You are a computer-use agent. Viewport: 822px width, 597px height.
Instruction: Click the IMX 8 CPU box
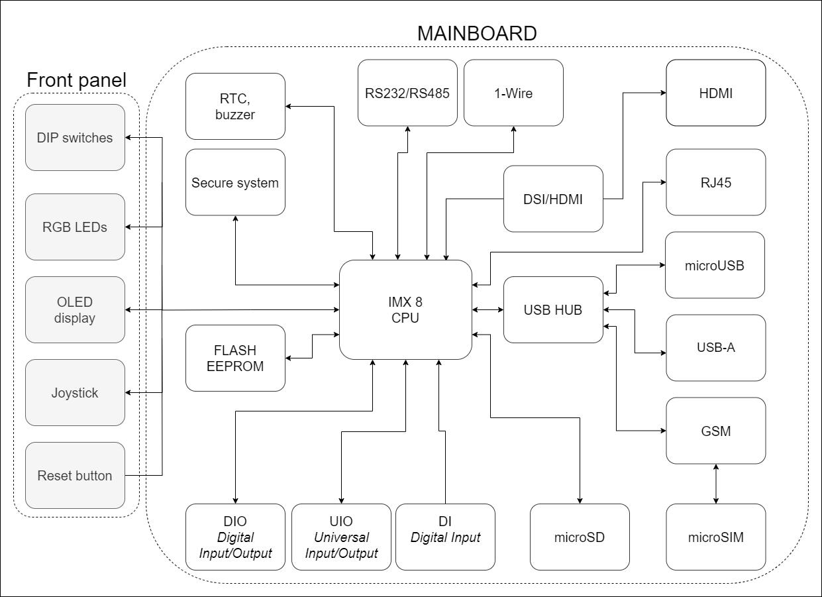(x=405, y=310)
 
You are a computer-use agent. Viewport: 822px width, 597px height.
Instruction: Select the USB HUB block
(x=553, y=310)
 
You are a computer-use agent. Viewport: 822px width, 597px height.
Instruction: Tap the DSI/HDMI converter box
(x=553, y=199)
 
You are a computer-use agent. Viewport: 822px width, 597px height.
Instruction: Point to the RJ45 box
(x=715, y=182)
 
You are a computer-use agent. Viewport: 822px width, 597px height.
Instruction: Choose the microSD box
(x=580, y=537)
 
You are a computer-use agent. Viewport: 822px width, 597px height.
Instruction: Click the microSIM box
(x=715, y=537)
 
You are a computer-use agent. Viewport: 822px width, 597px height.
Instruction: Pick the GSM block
(x=715, y=431)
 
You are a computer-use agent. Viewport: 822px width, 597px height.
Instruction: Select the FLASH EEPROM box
(x=235, y=358)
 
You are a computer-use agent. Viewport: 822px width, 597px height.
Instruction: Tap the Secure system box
(x=235, y=182)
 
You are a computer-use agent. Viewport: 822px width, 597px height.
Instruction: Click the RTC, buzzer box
(x=235, y=106)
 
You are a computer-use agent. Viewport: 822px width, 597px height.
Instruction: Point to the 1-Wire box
(x=513, y=93)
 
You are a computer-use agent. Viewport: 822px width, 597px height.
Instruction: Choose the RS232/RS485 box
(x=407, y=93)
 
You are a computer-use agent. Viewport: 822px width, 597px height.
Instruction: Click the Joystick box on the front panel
(x=75, y=393)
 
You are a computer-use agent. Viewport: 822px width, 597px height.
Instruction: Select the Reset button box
(x=75, y=476)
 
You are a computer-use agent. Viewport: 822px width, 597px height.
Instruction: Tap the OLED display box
(x=75, y=310)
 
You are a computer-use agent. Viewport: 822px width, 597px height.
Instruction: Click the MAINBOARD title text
(x=476, y=33)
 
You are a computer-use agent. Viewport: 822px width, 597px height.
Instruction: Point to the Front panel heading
(x=76, y=81)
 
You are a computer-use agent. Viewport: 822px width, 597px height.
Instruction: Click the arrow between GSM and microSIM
(x=715, y=484)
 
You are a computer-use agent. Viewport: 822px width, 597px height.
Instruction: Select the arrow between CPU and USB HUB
(x=488, y=310)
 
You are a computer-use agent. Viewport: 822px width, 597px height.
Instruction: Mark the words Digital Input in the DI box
(x=445, y=537)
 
